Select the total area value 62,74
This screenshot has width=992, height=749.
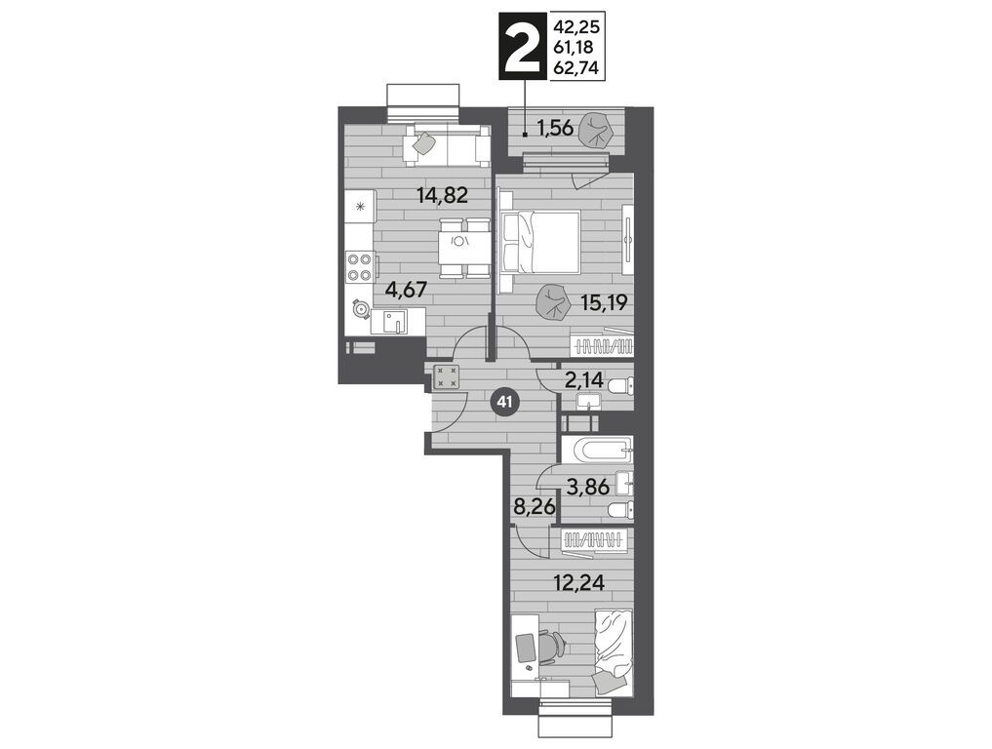tap(575, 67)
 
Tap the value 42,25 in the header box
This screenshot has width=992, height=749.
tap(575, 27)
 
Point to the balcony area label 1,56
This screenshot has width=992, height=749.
tap(555, 129)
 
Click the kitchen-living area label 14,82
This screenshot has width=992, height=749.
tap(442, 195)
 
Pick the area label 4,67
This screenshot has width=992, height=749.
tap(407, 290)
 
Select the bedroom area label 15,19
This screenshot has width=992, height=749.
tap(604, 303)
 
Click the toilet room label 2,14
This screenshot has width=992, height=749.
tap(582, 381)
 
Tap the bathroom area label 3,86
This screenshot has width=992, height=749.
tap(588, 487)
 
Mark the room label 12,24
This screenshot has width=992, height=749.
tap(578, 582)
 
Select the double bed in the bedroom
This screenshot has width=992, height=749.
tap(541, 243)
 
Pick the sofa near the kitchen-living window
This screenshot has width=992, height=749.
tap(447, 145)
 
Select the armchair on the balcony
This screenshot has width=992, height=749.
tap(597, 131)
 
